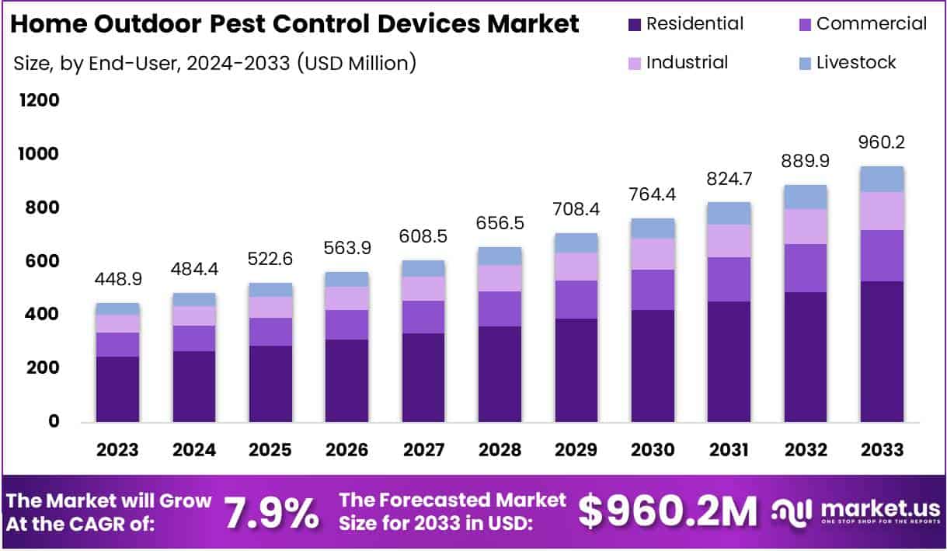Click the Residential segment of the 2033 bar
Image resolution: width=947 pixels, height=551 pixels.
pos(882,351)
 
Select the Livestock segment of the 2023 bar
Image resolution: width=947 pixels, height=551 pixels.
pos(117,309)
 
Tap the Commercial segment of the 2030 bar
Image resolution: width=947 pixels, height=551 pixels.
pos(653,290)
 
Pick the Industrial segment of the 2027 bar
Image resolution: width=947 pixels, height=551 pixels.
pos(423,288)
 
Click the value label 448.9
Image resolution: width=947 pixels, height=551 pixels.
pos(117,279)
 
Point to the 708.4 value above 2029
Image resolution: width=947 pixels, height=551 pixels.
pos(576,209)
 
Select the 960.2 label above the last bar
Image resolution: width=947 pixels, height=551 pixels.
pos(882,142)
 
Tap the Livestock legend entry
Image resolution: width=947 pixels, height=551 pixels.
pos(855,63)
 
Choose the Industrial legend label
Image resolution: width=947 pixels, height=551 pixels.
pos(687,63)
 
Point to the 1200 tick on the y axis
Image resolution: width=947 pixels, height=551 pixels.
pos(38,101)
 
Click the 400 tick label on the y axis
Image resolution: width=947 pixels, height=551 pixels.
pos(44,315)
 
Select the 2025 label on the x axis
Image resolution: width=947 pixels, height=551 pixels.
pos(270,450)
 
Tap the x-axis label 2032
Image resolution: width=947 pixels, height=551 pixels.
pos(806,450)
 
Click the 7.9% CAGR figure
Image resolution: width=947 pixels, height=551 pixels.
pos(271,512)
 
